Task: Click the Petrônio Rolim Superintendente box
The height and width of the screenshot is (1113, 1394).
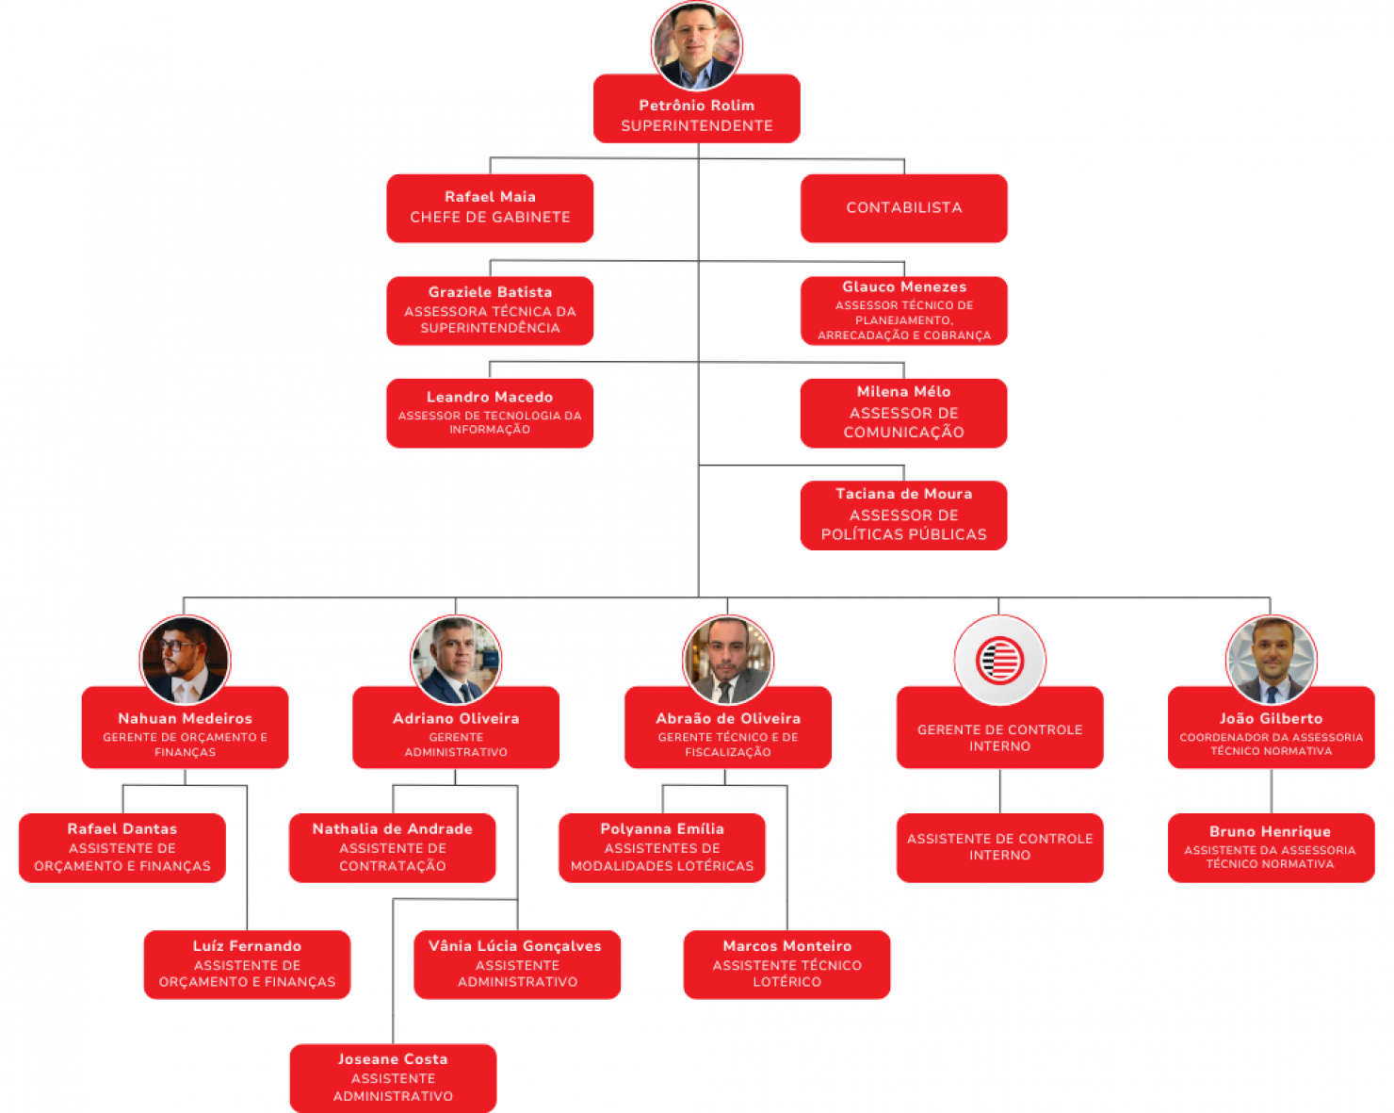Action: (696, 109)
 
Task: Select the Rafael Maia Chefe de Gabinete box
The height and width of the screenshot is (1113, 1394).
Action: (490, 208)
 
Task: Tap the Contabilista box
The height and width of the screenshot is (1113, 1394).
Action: (903, 208)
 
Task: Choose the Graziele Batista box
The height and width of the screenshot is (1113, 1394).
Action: (490, 310)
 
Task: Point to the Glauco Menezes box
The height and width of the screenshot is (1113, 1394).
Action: (903, 310)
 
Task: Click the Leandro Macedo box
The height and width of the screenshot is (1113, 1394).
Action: (490, 413)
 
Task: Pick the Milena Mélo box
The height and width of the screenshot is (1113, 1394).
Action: (903, 413)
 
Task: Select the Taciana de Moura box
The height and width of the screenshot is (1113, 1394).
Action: (903, 516)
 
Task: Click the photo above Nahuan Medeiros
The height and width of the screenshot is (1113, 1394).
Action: (185, 660)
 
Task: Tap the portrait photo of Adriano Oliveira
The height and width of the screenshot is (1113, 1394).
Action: (456, 660)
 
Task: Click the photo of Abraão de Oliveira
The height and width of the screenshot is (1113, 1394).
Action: (727, 660)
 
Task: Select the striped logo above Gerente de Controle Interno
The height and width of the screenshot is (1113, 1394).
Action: (999, 660)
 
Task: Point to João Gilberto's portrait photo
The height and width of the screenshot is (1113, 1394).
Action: (1271, 660)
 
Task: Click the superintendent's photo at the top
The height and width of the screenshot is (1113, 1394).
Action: (696, 45)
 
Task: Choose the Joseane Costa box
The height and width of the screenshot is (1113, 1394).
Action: (393, 1078)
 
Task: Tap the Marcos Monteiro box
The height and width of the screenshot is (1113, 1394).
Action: (786, 964)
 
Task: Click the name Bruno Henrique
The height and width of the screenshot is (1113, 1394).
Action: (1270, 831)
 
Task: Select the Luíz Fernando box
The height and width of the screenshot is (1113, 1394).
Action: (247, 964)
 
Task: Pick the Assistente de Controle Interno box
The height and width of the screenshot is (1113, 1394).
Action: (999, 847)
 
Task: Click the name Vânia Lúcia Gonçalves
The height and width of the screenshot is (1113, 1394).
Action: (515, 946)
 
